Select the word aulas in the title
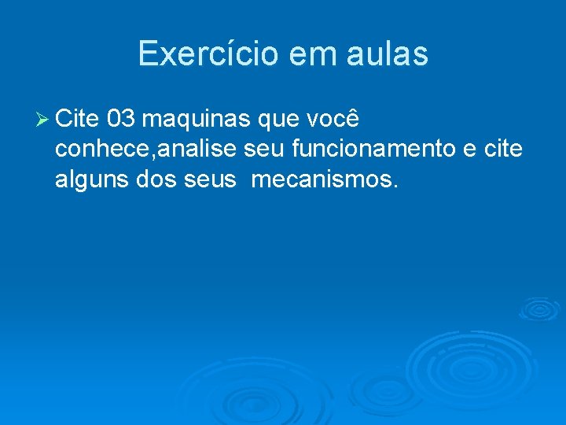(x=388, y=54)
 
